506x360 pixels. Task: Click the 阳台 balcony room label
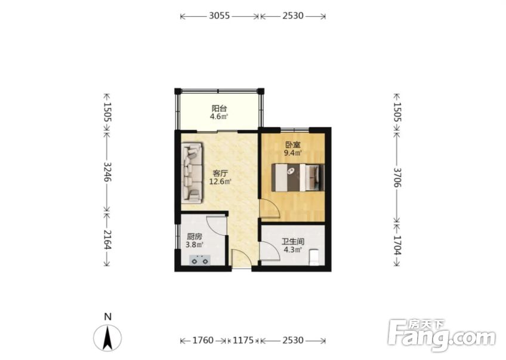(219, 108)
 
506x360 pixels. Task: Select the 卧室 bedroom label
(293, 144)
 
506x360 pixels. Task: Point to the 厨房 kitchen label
(195, 236)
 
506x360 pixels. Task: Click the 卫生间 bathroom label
(293, 242)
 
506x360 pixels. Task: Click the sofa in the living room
(192, 173)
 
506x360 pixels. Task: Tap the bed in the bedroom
(298, 177)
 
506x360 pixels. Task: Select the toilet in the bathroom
(314, 257)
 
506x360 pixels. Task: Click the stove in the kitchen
(200, 260)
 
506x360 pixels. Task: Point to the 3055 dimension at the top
(220, 16)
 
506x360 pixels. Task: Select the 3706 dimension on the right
(397, 177)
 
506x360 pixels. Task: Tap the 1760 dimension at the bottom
(203, 340)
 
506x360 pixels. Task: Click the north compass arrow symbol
(108, 338)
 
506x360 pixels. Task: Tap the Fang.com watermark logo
(442, 335)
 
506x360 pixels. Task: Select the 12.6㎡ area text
(220, 181)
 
